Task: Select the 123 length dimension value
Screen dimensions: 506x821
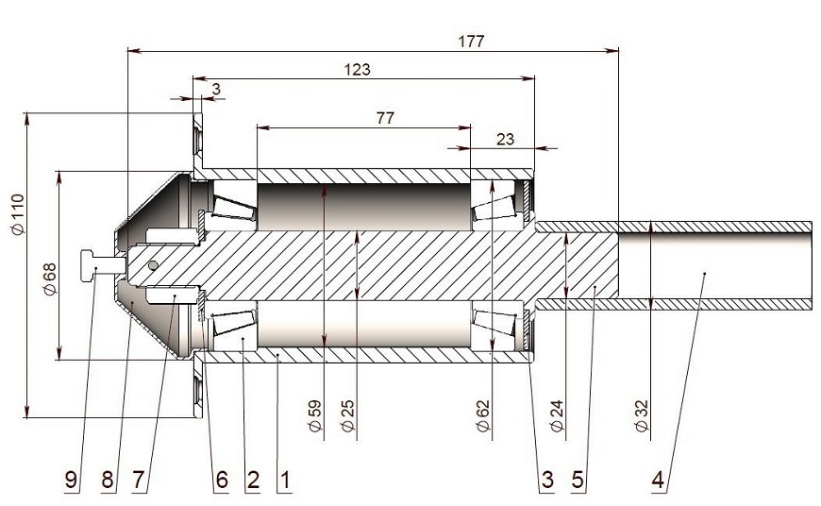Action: [x=358, y=69]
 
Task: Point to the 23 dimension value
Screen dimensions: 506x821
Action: [x=505, y=138]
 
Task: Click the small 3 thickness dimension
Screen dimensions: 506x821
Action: [x=216, y=88]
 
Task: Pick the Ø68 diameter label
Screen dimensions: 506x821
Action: [x=50, y=277]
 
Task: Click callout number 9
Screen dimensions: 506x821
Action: [x=72, y=480]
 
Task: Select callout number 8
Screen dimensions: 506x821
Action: [x=108, y=480]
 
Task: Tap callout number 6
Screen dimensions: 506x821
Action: [x=222, y=480]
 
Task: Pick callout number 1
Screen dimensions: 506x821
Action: [x=284, y=480]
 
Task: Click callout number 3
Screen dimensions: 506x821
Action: [x=546, y=480]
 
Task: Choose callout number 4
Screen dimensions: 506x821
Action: [x=657, y=480]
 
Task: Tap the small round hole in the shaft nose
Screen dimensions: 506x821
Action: [x=154, y=266]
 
